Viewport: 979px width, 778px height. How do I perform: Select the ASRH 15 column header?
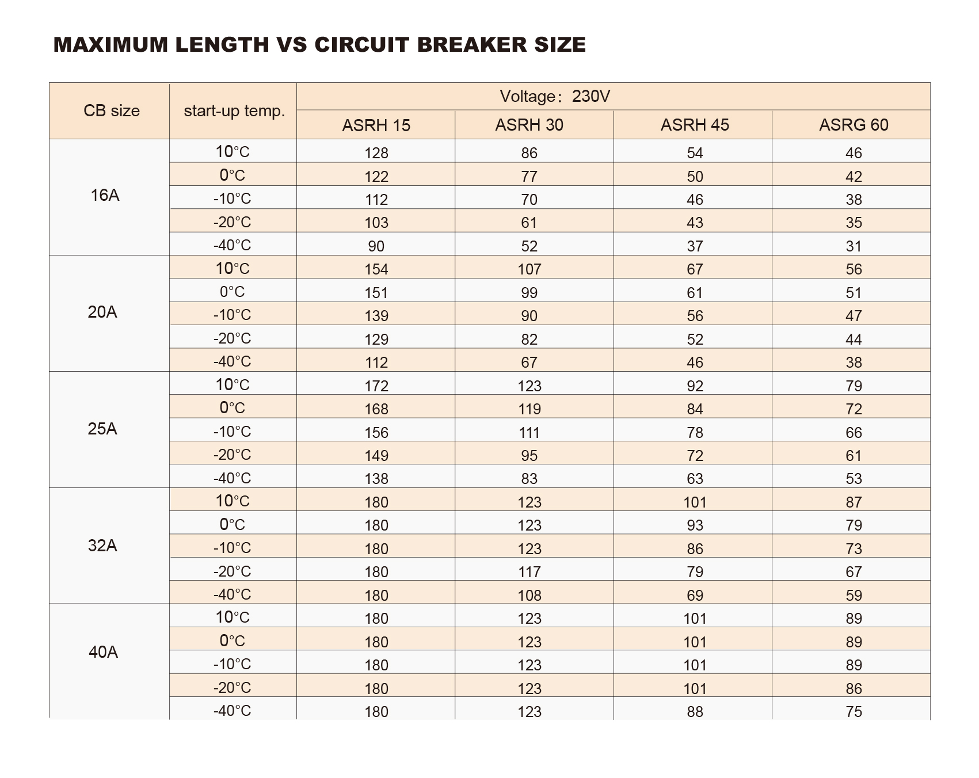pos(376,125)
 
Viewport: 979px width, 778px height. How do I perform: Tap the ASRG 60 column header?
pos(854,125)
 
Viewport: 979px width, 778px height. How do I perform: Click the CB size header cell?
pos(112,110)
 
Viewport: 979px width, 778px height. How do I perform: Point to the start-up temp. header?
pos(234,110)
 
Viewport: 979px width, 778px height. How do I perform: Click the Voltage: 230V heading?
pos(555,96)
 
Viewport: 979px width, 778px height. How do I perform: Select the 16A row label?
pos(105,195)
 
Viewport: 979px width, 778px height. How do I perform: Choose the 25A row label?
pos(102,429)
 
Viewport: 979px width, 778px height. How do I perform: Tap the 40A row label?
pos(104,652)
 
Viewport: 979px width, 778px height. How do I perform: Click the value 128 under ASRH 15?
pos(376,153)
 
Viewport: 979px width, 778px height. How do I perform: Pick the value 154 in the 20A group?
pos(376,269)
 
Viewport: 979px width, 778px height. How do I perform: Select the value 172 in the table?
pos(376,386)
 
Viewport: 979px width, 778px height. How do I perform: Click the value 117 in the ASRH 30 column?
pos(530,572)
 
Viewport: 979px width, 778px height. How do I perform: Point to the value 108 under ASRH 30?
pos(530,596)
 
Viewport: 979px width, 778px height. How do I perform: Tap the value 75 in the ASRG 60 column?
pos(854,712)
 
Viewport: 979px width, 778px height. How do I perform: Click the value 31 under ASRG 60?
pos(854,246)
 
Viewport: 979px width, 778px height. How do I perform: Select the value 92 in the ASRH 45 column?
pos(695,386)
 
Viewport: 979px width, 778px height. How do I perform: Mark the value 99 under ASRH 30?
pos(530,293)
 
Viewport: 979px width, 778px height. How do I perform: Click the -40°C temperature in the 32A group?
pos(233,594)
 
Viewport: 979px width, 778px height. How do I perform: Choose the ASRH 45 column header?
pos(695,125)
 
